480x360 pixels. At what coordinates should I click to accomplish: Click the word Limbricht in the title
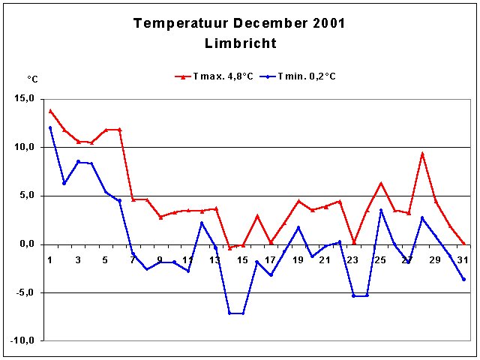point(240,43)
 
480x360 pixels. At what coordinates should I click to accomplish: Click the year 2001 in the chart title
point(324,23)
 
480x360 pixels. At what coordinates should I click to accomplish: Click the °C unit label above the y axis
point(33,79)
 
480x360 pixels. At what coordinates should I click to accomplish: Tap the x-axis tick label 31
point(463,260)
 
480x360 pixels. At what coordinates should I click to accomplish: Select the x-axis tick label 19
point(298,260)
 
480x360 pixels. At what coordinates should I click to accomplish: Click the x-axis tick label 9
point(160,260)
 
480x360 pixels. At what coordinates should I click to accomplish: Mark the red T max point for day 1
point(50,110)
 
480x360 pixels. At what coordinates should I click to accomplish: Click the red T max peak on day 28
point(422,154)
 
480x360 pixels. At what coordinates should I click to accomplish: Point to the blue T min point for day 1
point(50,127)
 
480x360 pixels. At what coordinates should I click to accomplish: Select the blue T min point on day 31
point(463,279)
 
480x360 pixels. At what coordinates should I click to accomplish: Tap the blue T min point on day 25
point(381,210)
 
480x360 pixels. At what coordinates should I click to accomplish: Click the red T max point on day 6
point(119,130)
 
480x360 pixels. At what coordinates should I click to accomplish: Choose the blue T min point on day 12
point(202,223)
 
